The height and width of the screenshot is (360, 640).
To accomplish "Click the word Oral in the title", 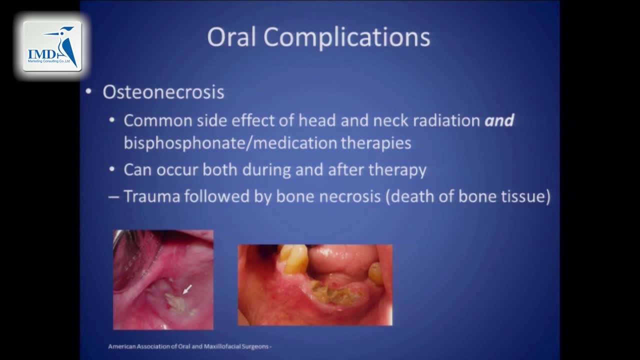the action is [231, 37].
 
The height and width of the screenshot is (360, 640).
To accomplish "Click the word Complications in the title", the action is [346, 38].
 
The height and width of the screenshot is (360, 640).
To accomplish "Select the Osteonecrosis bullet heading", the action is [163, 92].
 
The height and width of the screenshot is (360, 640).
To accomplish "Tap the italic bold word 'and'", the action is [499, 120].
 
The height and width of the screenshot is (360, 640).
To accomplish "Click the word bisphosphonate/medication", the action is [230, 142].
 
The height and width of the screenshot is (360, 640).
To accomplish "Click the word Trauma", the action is [151, 196].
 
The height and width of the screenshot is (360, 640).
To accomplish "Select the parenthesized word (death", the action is [409, 196].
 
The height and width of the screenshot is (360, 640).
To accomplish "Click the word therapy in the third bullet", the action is [397, 170].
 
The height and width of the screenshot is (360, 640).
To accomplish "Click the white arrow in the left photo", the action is [187, 289].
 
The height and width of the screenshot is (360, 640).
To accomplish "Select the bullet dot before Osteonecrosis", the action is [88, 91].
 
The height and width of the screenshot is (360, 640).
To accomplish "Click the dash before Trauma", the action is [113, 197].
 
